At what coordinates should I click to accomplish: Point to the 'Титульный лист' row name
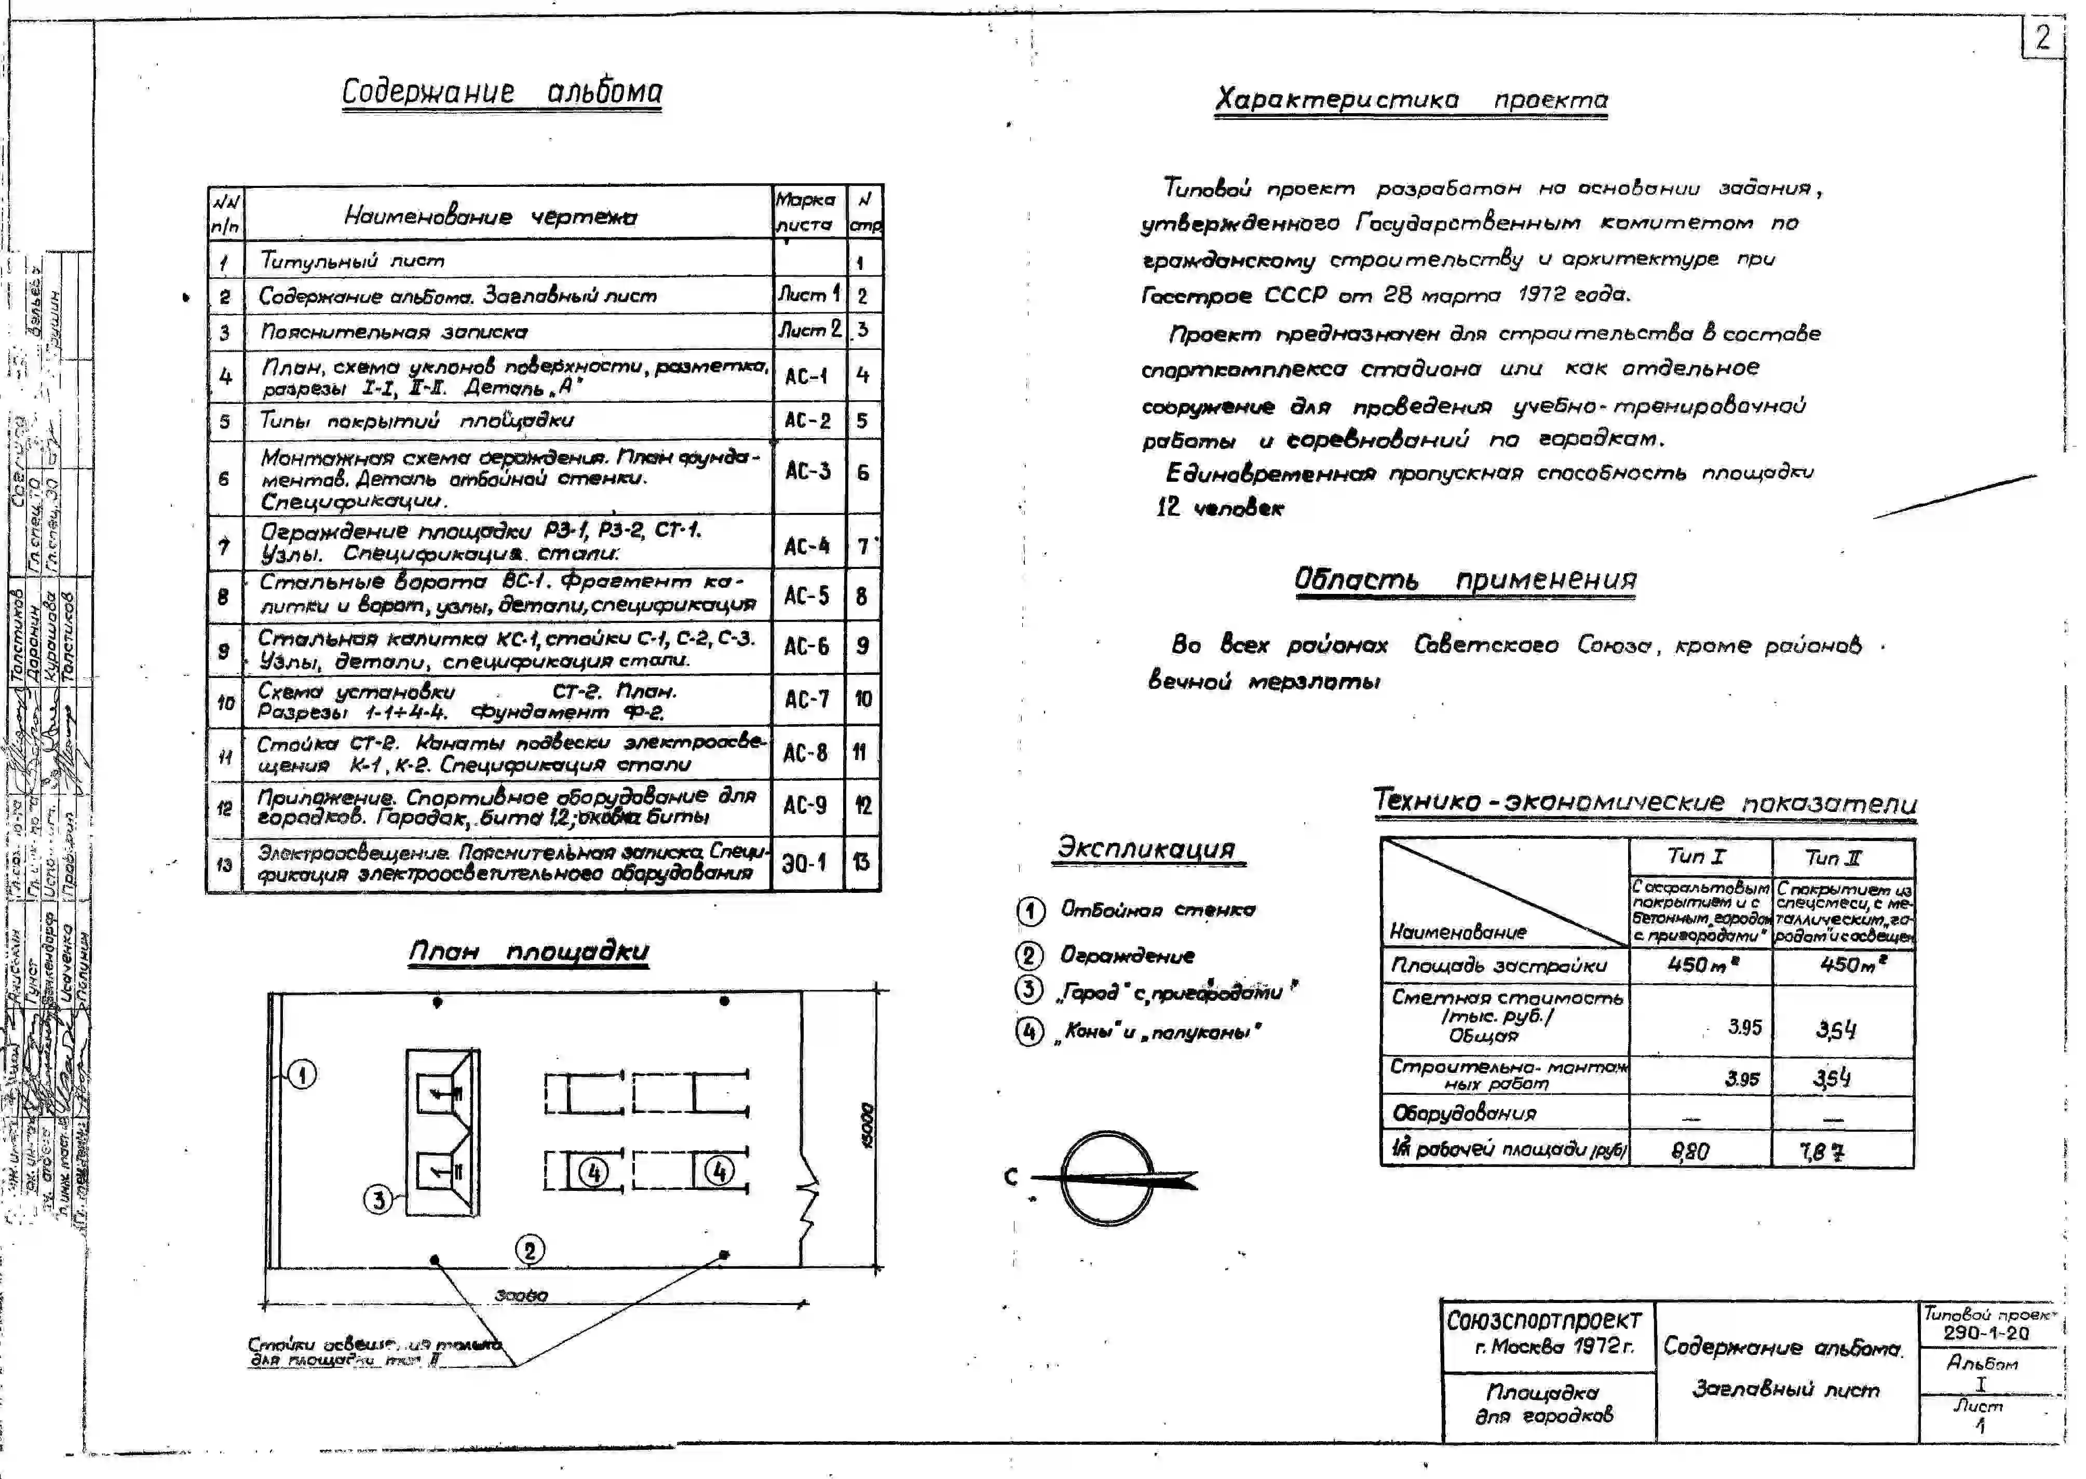coord(353,261)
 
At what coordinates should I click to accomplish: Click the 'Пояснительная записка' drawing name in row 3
coord(394,332)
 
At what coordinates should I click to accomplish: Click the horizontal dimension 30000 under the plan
coord(522,1295)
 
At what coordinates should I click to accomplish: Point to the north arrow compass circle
coord(1108,1178)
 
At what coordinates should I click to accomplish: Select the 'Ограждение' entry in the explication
coord(1127,955)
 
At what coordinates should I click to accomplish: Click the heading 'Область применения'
coord(1465,580)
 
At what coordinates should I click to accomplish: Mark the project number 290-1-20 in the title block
coord(1986,1333)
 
